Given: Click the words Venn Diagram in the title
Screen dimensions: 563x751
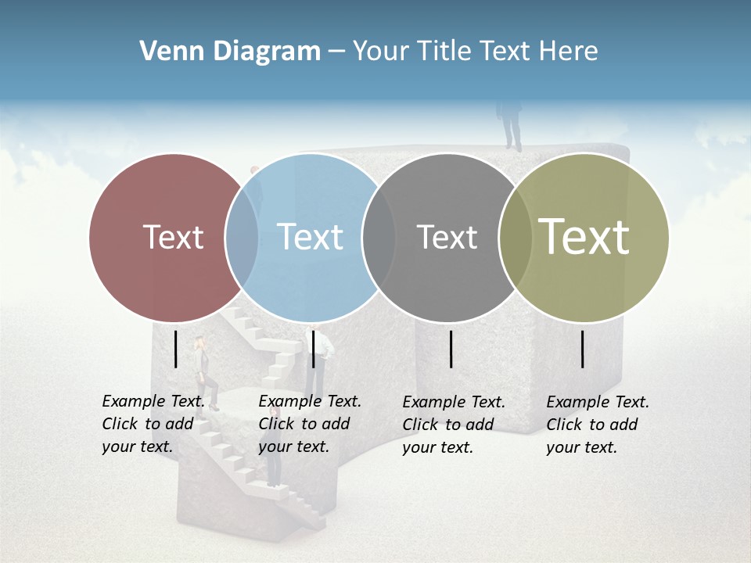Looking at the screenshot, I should coord(230,52).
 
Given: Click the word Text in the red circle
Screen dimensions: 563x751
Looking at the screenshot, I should coord(173,237).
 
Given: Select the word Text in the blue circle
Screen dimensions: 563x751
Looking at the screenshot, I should coord(310,237).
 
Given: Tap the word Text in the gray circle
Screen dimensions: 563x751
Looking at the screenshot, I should coord(447,237).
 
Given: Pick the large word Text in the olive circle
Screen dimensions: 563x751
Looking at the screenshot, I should coord(584,237).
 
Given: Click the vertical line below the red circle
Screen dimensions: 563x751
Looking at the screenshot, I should coord(176,349).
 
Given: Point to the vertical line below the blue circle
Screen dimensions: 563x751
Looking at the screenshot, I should coord(313,349).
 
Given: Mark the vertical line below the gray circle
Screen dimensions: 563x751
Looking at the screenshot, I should coord(451,349).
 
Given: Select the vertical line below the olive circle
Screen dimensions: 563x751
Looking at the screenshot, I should coord(583,349).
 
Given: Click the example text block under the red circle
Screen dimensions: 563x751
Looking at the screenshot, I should coord(153,424).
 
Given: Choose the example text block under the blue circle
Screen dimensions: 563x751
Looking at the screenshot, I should coord(309,424).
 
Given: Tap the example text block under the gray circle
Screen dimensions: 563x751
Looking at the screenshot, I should coord(453,425).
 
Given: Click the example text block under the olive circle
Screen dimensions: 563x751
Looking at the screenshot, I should coord(597,425).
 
